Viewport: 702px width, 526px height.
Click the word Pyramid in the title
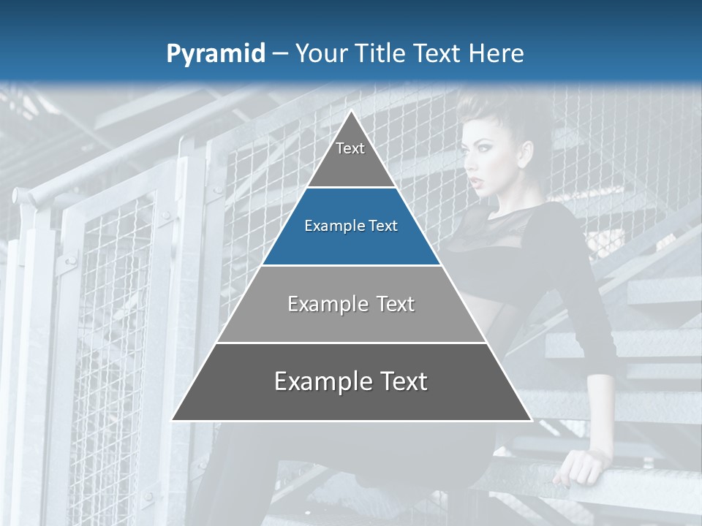point(216,54)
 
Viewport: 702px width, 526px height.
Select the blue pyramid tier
point(351,226)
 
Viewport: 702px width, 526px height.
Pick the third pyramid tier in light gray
point(351,305)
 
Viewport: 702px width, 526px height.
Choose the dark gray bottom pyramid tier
point(351,382)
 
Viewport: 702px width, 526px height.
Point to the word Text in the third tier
point(396,305)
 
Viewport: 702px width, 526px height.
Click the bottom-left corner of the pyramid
point(173,420)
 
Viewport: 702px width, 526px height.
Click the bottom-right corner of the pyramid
point(531,420)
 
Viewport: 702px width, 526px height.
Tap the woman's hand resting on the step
point(578,468)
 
